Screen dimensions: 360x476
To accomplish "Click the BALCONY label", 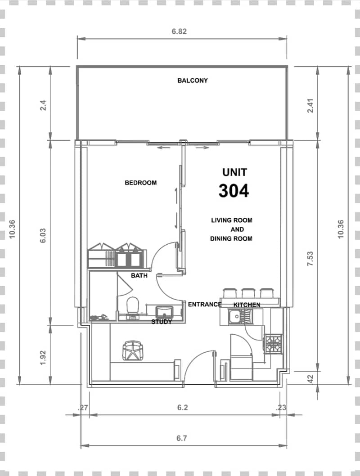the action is (x=193, y=81).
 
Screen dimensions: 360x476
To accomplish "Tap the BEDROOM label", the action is (x=140, y=183).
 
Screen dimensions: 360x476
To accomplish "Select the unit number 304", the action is (x=234, y=191).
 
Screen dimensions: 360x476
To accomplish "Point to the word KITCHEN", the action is (x=247, y=305).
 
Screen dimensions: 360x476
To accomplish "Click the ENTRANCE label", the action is (x=205, y=304).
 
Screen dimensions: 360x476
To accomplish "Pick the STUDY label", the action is (x=162, y=322).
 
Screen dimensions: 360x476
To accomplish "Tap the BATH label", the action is (x=139, y=276).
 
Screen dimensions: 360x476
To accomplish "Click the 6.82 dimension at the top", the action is (x=179, y=31).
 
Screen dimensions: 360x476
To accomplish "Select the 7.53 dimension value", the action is (x=310, y=259).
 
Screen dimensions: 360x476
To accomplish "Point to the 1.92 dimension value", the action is (x=43, y=358).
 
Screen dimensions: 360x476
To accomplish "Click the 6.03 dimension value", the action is (x=43, y=236).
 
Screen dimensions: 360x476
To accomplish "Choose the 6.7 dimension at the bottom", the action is (x=181, y=438).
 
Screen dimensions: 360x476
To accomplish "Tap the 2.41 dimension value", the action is (x=310, y=106).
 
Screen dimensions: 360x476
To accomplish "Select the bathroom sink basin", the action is (x=164, y=312).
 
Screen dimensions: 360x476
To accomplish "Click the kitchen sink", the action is (x=234, y=317).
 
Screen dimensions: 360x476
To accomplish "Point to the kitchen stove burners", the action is (x=274, y=344).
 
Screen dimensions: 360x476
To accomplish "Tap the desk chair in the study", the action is (x=133, y=350).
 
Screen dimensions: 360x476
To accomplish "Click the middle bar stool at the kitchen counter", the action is (x=248, y=293).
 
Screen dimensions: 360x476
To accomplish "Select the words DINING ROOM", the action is (x=231, y=238).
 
